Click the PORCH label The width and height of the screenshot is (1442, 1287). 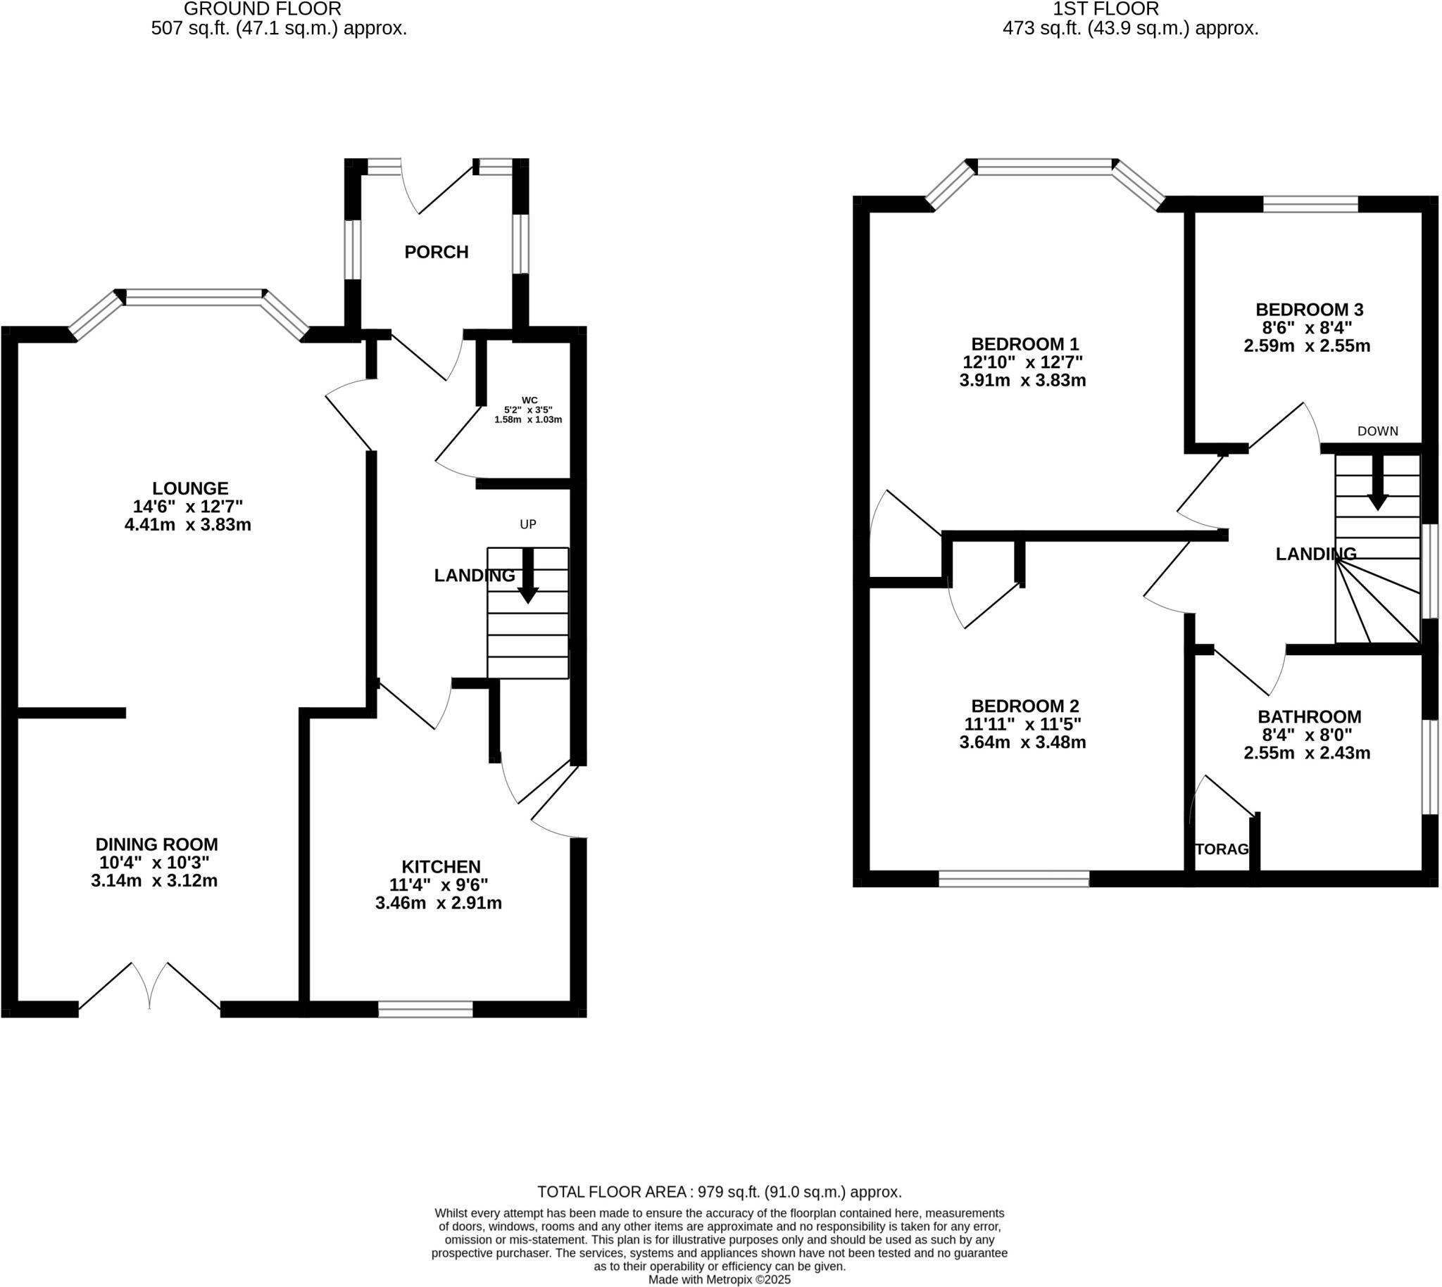click(x=436, y=252)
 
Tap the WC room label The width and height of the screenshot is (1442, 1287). click(x=529, y=400)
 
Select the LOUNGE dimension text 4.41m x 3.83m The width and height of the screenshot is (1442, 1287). click(x=187, y=525)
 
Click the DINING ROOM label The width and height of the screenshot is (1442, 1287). click(x=156, y=844)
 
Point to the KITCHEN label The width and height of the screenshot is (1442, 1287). click(x=441, y=866)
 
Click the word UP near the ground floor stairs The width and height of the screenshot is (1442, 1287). click(x=528, y=524)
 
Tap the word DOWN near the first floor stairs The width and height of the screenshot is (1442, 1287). click(x=1377, y=431)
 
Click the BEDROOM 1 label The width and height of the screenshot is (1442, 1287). click(x=1024, y=344)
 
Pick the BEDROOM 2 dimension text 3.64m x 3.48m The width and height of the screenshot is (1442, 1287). click(x=1022, y=742)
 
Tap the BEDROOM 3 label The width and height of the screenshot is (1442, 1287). click(x=1308, y=310)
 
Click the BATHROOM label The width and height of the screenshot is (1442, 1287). click(x=1309, y=716)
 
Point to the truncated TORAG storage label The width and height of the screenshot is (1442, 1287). click(x=1221, y=849)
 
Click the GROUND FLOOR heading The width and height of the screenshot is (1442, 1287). click(x=263, y=9)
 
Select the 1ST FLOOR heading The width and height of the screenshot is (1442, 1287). click(x=1105, y=9)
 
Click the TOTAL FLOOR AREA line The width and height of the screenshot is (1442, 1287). click(x=719, y=1192)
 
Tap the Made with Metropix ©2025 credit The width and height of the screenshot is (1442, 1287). click(x=719, y=1280)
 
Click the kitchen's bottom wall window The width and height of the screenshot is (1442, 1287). click(x=425, y=1009)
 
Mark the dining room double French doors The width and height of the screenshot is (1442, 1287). click(x=149, y=990)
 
